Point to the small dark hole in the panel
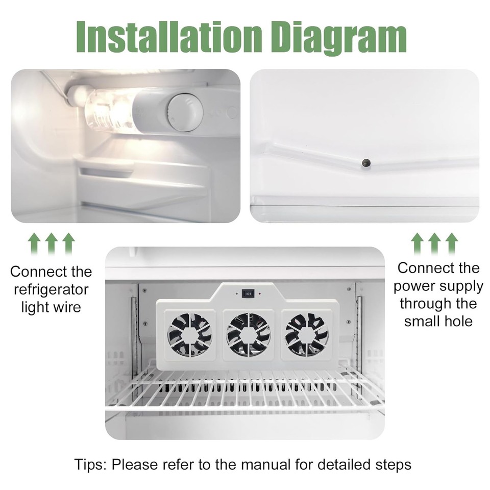click(x=366, y=162)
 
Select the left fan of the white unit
click(x=189, y=334)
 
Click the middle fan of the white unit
click(x=249, y=334)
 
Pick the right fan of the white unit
click(x=307, y=334)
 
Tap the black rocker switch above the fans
click(x=249, y=294)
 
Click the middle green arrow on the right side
click(x=434, y=244)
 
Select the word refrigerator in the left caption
click(x=51, y=290)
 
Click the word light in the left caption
click(x=34, y=308)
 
